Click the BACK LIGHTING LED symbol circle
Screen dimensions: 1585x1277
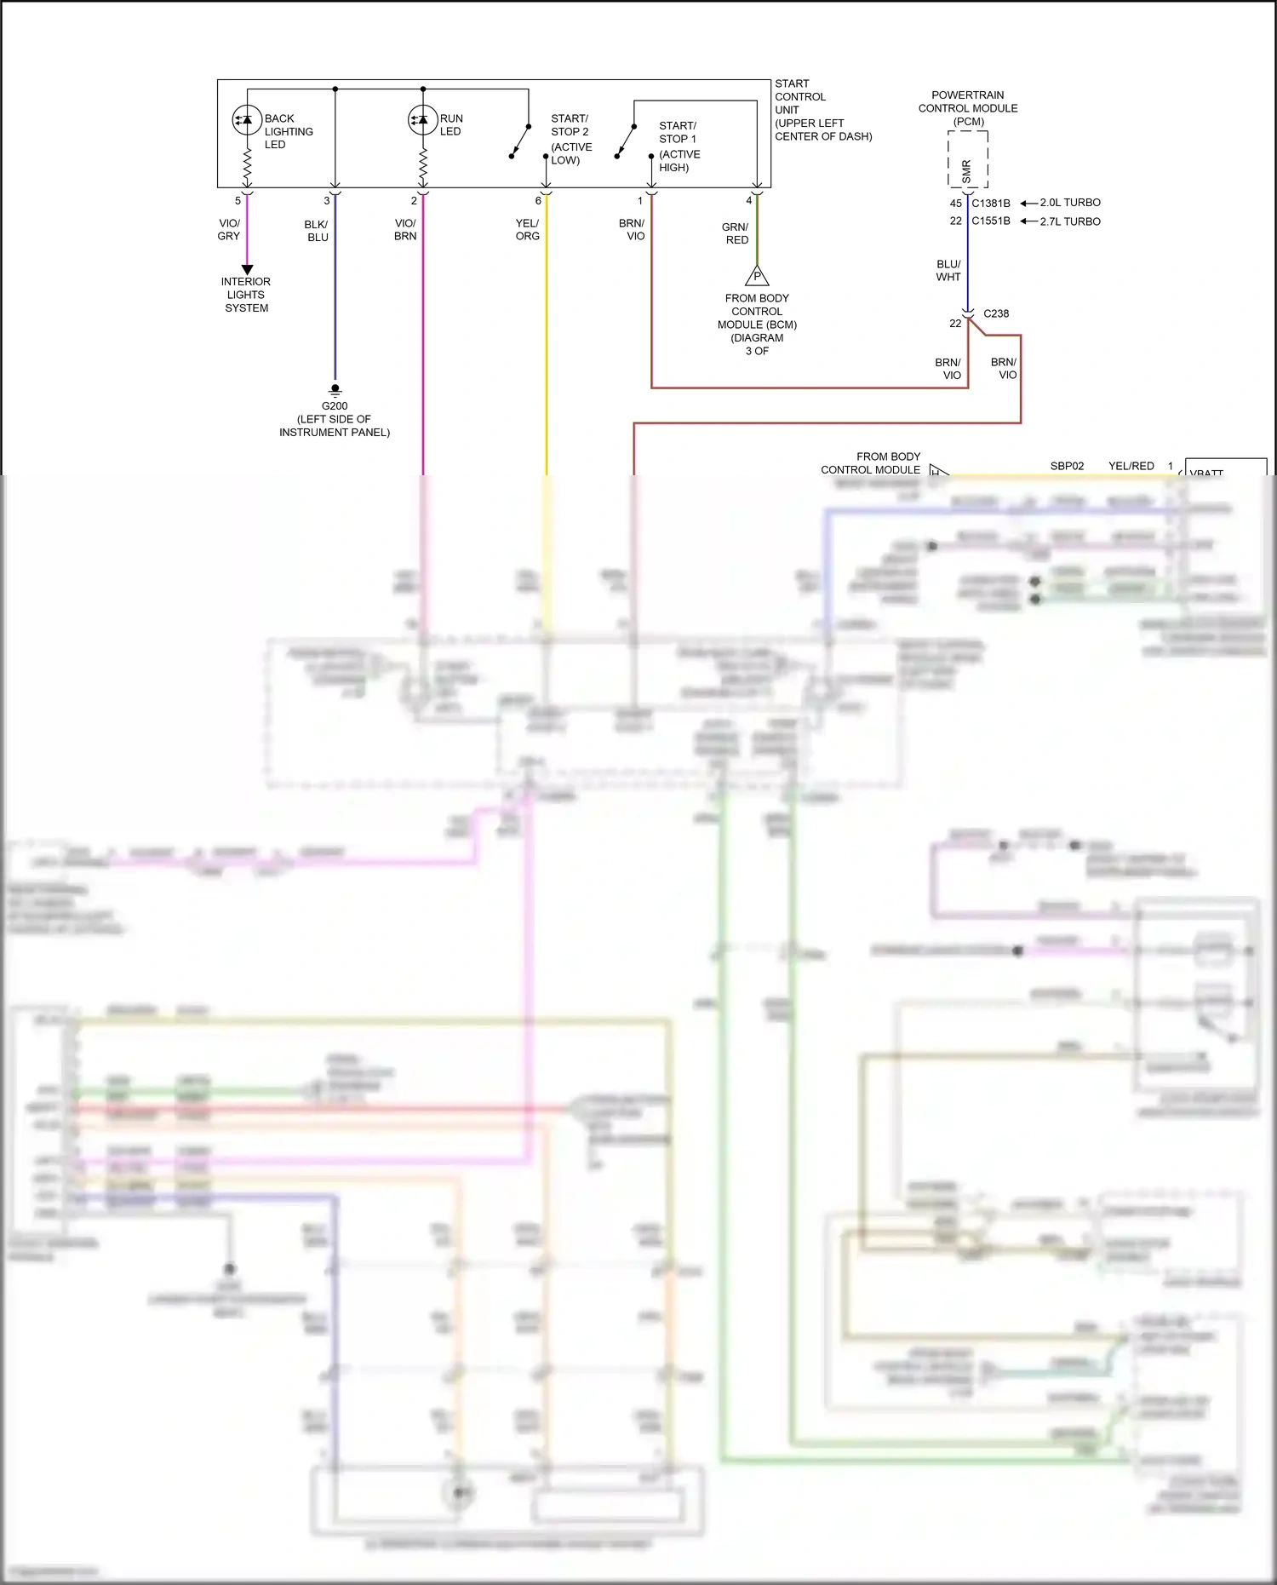[x=247, y=120]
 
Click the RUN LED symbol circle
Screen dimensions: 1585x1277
[x=423, y=120]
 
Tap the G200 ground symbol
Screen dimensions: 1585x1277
[x=335, y=389]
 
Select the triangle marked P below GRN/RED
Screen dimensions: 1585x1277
[x=757, y=277]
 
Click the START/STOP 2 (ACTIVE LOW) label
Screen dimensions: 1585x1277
[x=570, y=139]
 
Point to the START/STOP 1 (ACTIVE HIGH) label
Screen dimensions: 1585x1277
[x=679, y=146]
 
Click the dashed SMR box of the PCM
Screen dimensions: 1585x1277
[x=968, y=160]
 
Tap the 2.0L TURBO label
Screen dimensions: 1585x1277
[x=1070, y=203]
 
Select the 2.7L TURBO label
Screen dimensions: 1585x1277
[x=1070, y=221]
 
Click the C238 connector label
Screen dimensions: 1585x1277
[x=996, y=313]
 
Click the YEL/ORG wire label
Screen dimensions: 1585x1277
[x=527, y=230]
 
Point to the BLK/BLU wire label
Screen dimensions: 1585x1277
[x=317, y=231]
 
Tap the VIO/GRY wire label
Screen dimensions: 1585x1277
[x=229, y=230]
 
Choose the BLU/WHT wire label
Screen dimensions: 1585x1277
[x=948, y=271]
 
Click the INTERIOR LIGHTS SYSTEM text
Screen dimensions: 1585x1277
[x=246, y=295]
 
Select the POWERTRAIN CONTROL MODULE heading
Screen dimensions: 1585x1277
[x=968, y=107]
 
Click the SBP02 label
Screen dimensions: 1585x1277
[x=1067, y=466]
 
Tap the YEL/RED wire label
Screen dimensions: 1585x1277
[x=1131, y=466]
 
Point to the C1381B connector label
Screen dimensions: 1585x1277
[x=991, y=204]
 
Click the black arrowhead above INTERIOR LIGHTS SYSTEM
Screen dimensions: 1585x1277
[x=247, y=269]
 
